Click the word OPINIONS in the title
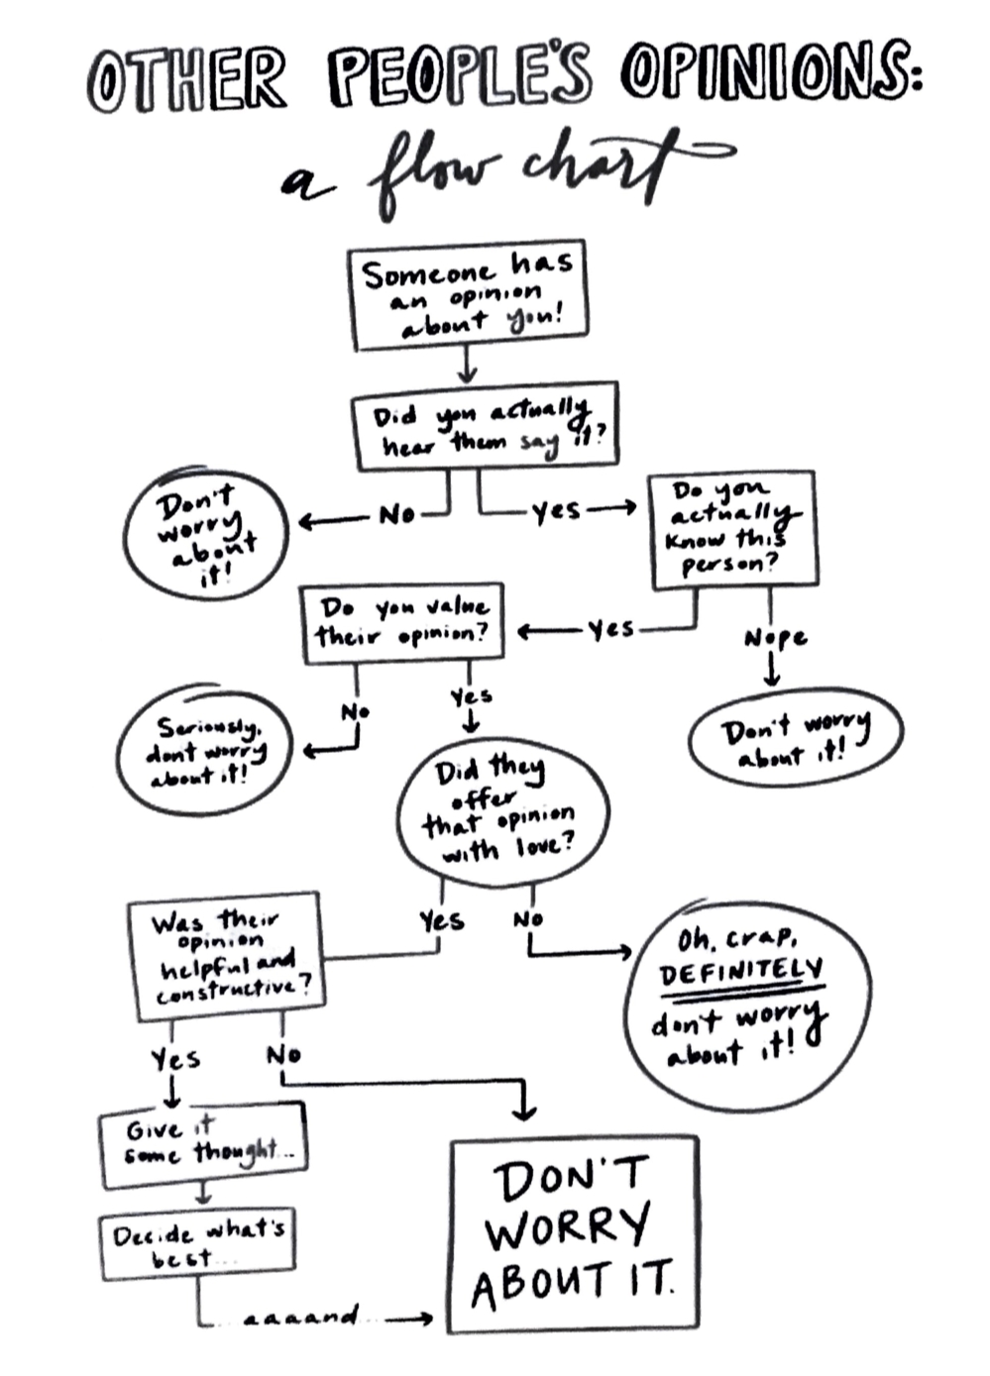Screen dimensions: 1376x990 pyautogui.click(x=771, y=75)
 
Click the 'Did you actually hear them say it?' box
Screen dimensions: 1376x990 pyautogui.click(x=485, y=427)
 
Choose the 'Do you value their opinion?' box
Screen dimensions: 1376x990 pyautogui.click(x=402, y=621)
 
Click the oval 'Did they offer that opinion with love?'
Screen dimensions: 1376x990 pyautogui.click(x=501, y=810)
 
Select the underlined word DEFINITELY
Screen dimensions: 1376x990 pyautogui.click(x=741, y=972)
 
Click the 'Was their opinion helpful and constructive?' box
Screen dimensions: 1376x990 pyautogui.click(x=225, y=954)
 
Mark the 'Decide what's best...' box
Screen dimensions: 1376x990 pyautogui.click(x=197, y=1243)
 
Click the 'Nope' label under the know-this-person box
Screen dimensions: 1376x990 pyautogui.click(x=775, y=638)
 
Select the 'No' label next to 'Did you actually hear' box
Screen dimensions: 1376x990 pyautogui.click(x=396, y=514)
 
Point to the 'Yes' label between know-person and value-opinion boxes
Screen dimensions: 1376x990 pyautogui.click(x=610, y=629)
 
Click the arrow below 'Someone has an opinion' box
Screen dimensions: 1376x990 pyautogui.click(x=467, y=368)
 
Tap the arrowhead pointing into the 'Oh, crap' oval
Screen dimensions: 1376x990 pyautogui.click(x=624, y=952)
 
